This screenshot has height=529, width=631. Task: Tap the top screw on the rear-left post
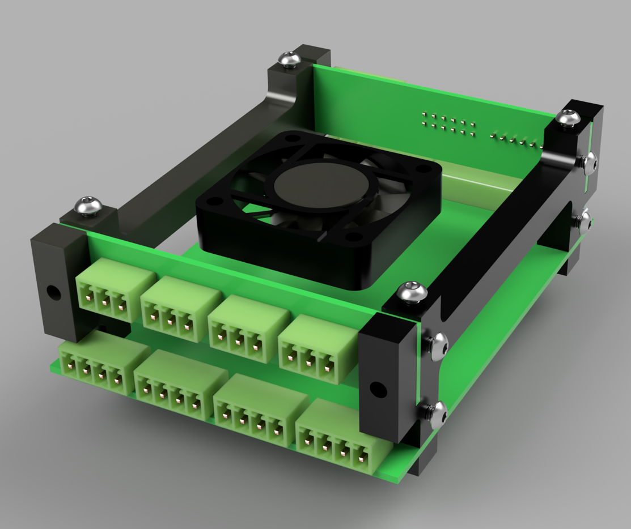pyautogui.click(x=290, y=58)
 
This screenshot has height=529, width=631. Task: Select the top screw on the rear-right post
pyautogui.click(x=568, y=118)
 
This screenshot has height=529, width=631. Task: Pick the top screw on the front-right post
pyautogui.click(x=412, y=292)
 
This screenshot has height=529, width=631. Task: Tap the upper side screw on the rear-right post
pyautogui.click(x=589, y=162)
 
